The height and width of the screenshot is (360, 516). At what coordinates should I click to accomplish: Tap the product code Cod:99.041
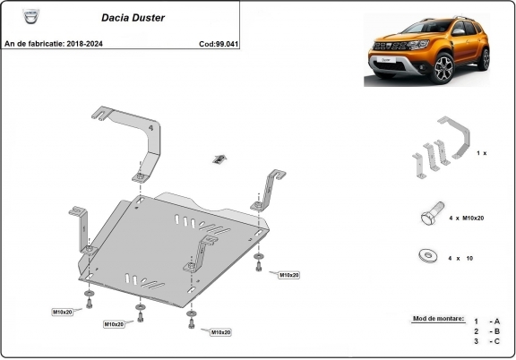218,43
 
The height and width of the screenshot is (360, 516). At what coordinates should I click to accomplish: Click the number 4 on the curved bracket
150,129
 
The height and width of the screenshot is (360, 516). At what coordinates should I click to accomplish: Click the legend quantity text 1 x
481,153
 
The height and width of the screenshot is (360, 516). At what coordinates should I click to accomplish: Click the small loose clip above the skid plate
217,159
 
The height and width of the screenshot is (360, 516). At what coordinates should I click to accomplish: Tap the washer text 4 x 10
460,258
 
